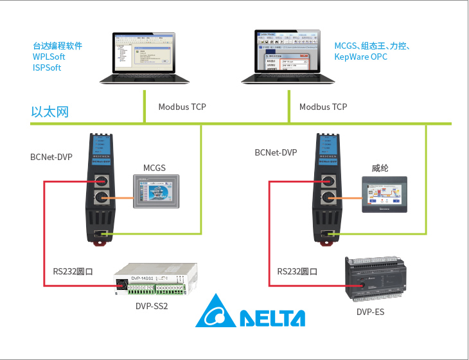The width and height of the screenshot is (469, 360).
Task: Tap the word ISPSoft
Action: click(47, 67)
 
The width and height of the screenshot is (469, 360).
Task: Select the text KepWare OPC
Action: click(360, 57)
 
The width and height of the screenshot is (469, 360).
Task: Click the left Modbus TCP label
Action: click(182, 107)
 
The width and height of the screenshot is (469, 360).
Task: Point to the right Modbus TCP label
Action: click(323, 107)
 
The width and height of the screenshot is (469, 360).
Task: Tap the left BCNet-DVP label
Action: click(51, 157)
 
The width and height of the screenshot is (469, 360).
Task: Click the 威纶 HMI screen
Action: click(384, 195)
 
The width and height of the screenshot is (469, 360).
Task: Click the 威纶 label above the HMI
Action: click(380, 168)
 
